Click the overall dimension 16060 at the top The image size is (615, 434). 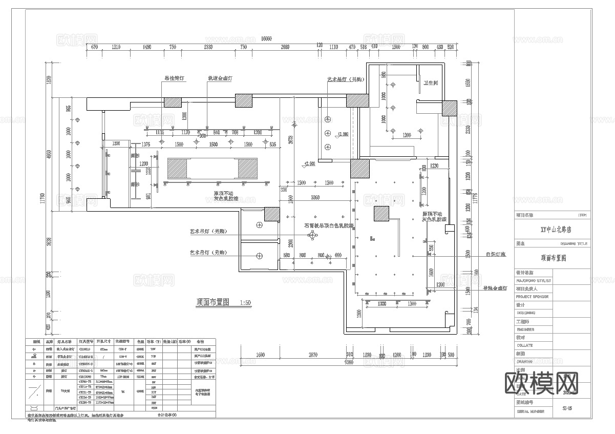(x=266, y=38)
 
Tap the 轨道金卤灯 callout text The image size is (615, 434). (x=220, y=79)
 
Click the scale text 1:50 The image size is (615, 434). (x=246, y=303)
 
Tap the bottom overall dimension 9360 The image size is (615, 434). (x=349, y=362)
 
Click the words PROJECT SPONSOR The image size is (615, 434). (x=532, y=296)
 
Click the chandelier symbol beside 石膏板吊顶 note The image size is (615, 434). (x=311, y=235)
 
